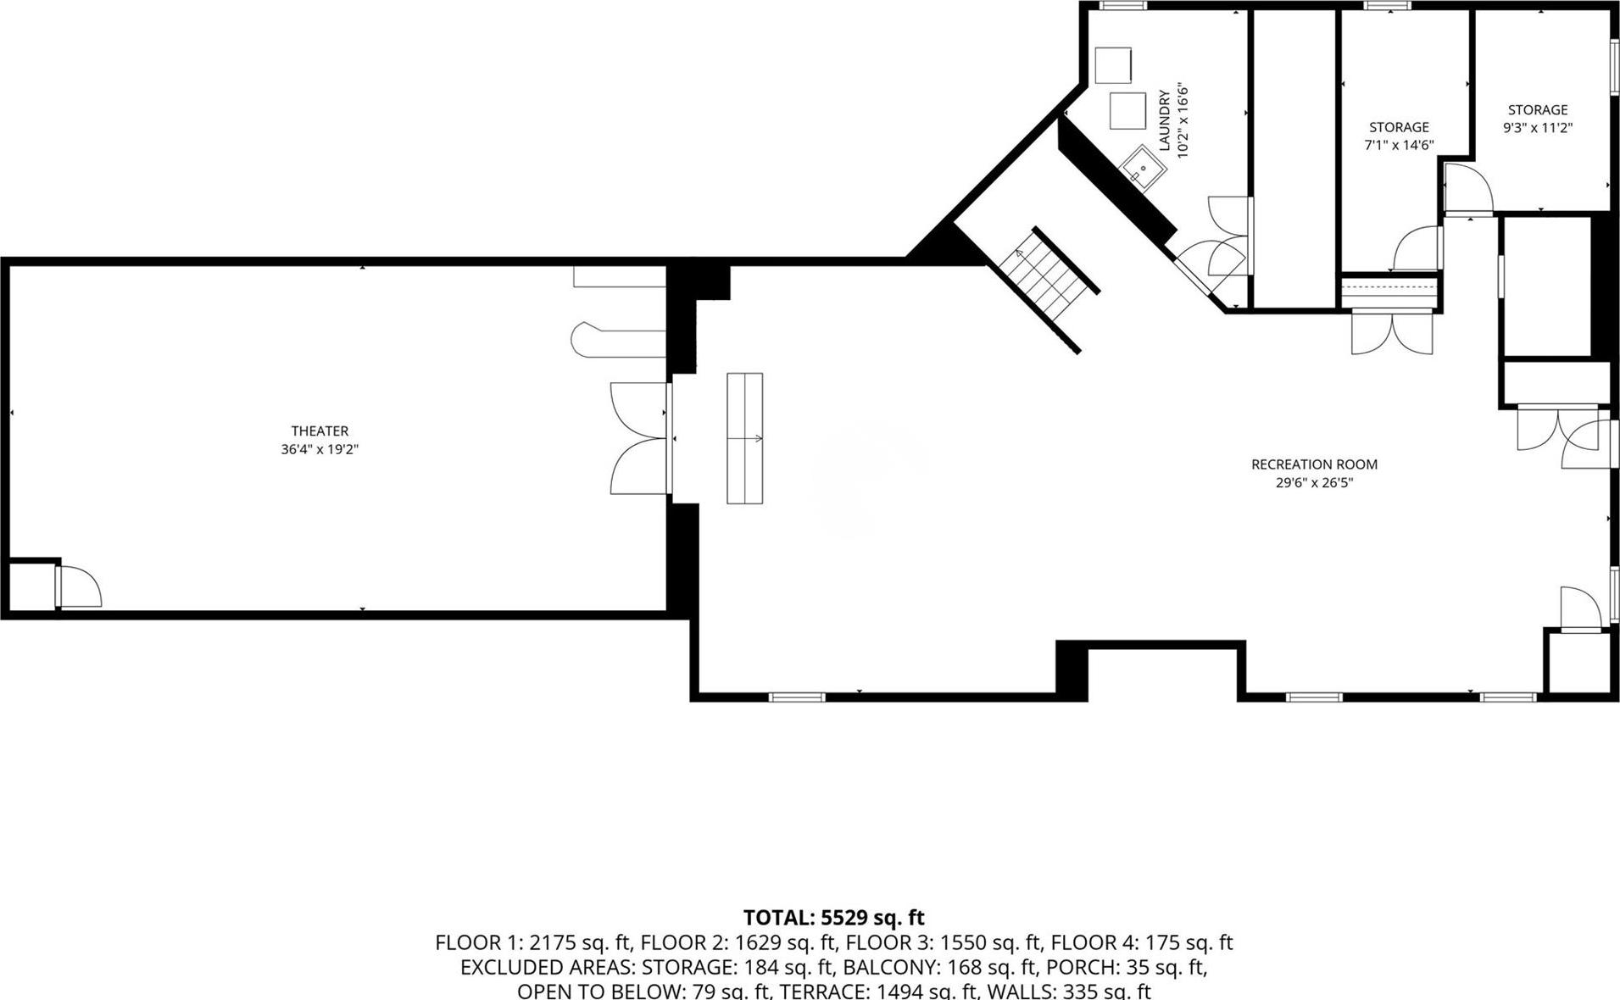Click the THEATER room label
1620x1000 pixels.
click(320, 431)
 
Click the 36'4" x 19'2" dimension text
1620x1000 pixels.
click(320, 450)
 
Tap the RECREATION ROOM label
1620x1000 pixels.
click(1314, 464)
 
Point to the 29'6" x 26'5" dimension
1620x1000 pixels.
click(1314, 483)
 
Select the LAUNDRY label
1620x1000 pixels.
click(1164, 120)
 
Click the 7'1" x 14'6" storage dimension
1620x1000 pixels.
click(1398, 145)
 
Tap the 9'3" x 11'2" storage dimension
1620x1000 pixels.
click(1538, 128)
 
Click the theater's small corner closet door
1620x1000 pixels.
click(79, 586)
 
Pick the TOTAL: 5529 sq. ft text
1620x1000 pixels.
click(833, 918)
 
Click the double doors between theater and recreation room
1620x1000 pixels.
click(640, 438)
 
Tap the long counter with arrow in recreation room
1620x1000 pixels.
click(744, 438)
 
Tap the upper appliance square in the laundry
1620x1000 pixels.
click(1112, 64)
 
